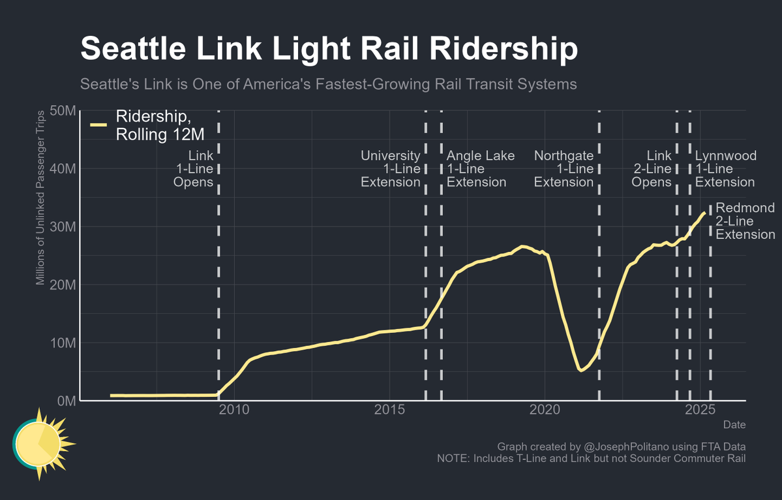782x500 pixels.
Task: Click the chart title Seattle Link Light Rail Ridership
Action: point(329,50)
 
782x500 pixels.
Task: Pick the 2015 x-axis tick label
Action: point(390,410)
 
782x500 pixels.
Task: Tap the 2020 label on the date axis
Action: point(545,410)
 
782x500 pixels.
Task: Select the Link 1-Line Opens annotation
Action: point(194,169)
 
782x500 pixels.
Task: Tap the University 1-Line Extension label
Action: point(391,169)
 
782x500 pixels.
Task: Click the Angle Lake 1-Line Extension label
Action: point(480,169)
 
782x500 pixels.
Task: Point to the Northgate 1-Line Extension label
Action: point(564,169)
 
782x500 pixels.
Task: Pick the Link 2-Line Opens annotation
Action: point(652,169)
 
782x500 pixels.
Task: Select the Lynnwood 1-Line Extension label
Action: point(725,169)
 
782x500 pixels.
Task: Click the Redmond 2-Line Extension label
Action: point(745,221)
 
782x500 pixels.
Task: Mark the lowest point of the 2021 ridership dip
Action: point(580,370)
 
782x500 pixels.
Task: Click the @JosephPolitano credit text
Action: point(621,446)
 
